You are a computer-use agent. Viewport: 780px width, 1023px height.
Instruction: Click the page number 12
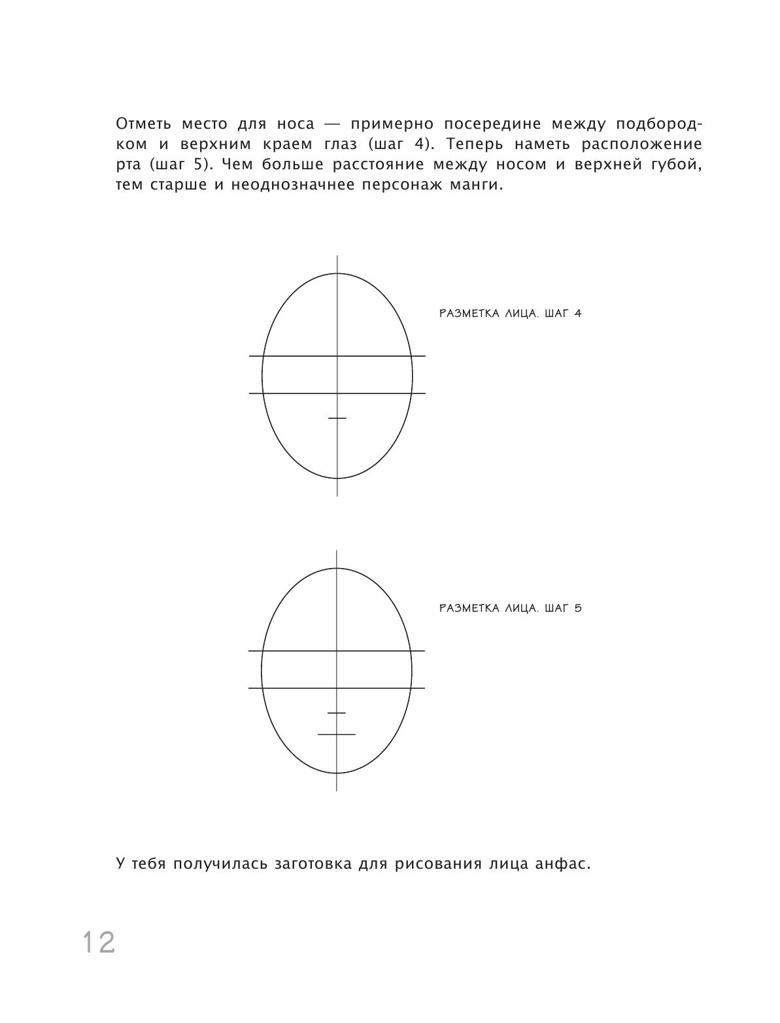(99, 942)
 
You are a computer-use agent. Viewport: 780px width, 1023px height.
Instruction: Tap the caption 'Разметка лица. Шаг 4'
(510, 313)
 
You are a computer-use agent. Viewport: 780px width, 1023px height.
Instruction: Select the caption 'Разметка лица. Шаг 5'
(510, 609)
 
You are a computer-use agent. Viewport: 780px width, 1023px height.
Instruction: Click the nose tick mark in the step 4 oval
(337, 418)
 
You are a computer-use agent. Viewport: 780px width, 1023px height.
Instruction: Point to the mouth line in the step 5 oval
(337, 734)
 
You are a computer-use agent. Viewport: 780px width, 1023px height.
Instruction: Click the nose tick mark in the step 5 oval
(337, 713)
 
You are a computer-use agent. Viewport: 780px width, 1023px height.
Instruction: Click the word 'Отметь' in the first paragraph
(144, 124)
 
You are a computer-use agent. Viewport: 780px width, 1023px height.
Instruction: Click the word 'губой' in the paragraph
(679, 165)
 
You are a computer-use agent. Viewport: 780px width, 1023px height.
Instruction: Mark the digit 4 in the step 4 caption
(577, 313)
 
